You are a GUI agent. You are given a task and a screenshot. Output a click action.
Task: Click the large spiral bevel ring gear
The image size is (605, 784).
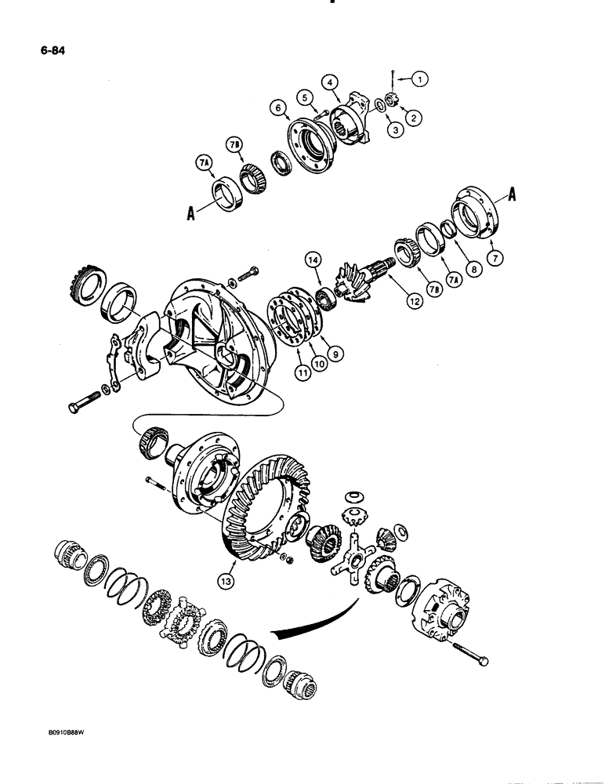click(263, 510)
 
